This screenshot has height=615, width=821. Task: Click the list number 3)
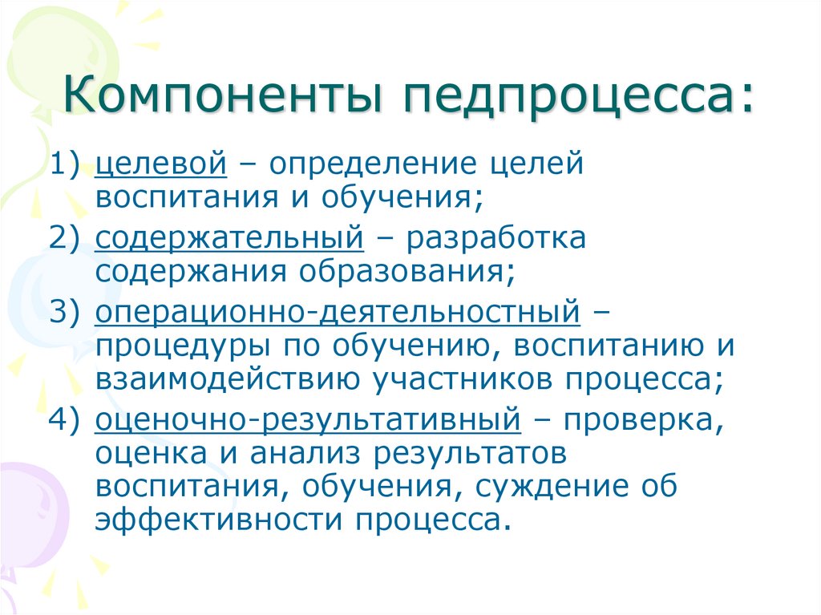click(x=72, y=311)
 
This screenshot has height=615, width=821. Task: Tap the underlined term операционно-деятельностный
click(x=337, y=311)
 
